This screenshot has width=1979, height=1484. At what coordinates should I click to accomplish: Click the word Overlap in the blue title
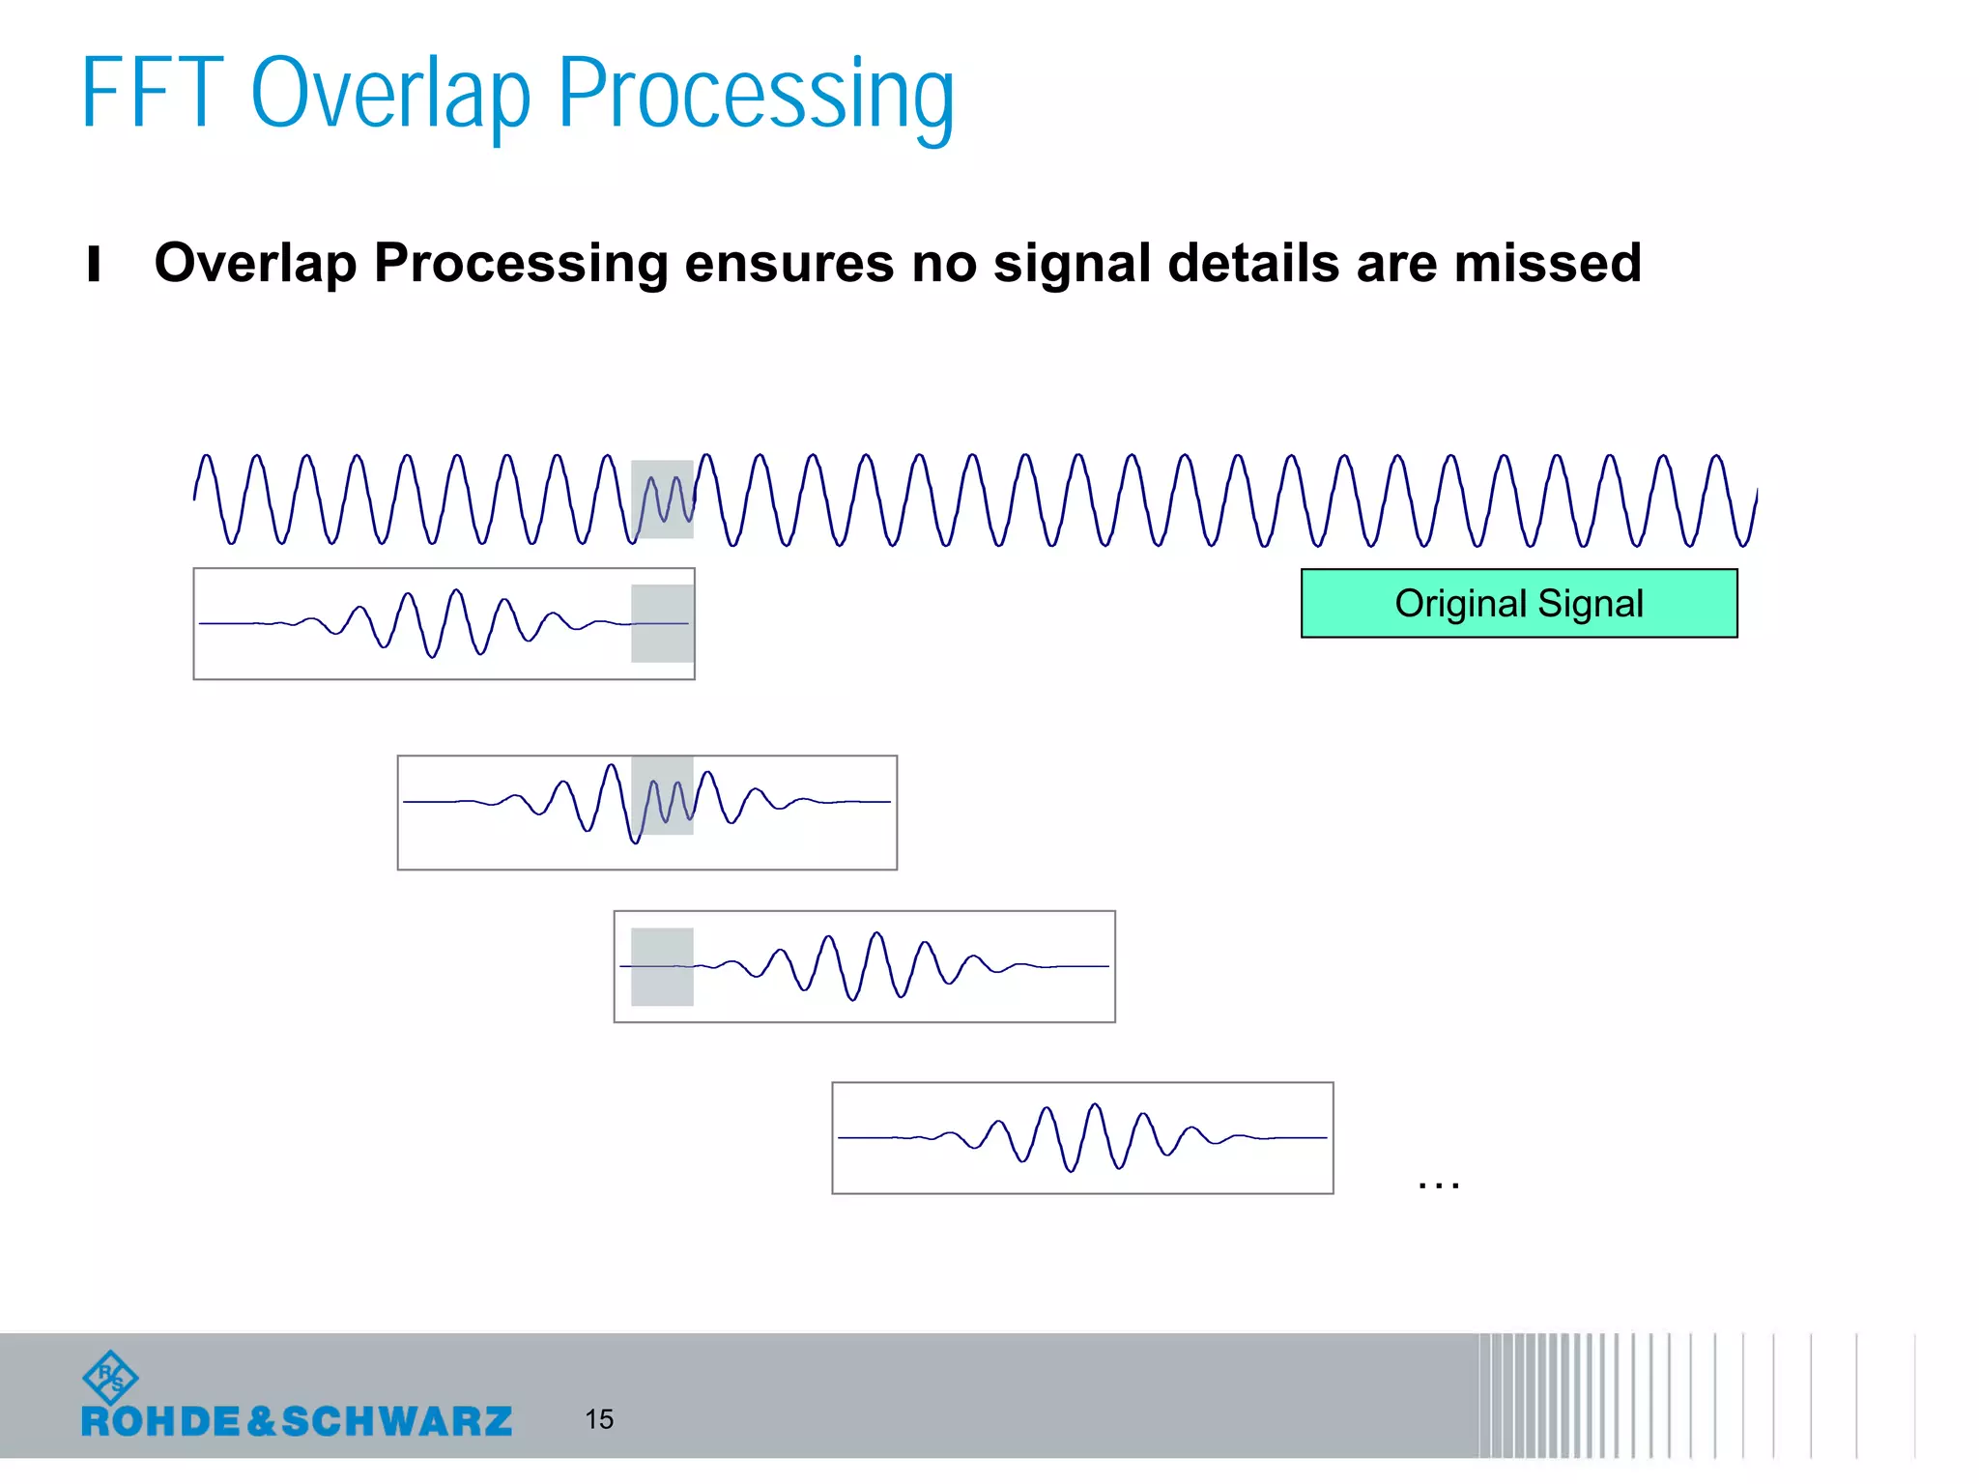(389, 96)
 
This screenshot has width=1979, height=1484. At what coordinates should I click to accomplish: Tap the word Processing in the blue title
(756, 96)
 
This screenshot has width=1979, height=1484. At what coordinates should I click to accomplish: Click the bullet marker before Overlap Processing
(94, 264)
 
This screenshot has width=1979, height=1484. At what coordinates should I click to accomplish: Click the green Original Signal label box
(1518, 603)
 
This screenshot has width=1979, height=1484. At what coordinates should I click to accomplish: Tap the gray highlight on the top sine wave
(662, 499)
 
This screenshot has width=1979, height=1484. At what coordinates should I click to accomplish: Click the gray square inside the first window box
(662, 623)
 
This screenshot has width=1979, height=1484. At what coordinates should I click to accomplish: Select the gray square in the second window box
(662, 795)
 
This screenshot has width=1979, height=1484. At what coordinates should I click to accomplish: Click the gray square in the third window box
(662, 966)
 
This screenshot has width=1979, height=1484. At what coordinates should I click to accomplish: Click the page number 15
(599, 1418)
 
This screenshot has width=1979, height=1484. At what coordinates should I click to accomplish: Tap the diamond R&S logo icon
(110, 1378)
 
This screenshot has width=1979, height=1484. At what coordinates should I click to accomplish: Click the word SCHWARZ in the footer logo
(396, 1421)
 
